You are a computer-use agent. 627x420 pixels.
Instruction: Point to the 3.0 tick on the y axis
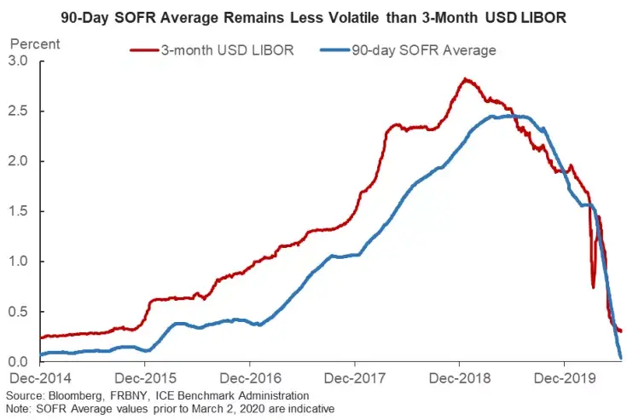18,61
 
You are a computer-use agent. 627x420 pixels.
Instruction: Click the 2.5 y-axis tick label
18,112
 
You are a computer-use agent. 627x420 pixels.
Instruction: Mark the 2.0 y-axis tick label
18,161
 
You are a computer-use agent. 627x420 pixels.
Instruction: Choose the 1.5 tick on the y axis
18,211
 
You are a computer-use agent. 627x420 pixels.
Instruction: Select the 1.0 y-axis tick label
18,262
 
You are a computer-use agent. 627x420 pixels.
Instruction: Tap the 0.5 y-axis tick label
18,312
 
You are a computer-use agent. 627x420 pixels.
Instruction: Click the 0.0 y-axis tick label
18,362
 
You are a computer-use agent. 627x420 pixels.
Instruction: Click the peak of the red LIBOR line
464,79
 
